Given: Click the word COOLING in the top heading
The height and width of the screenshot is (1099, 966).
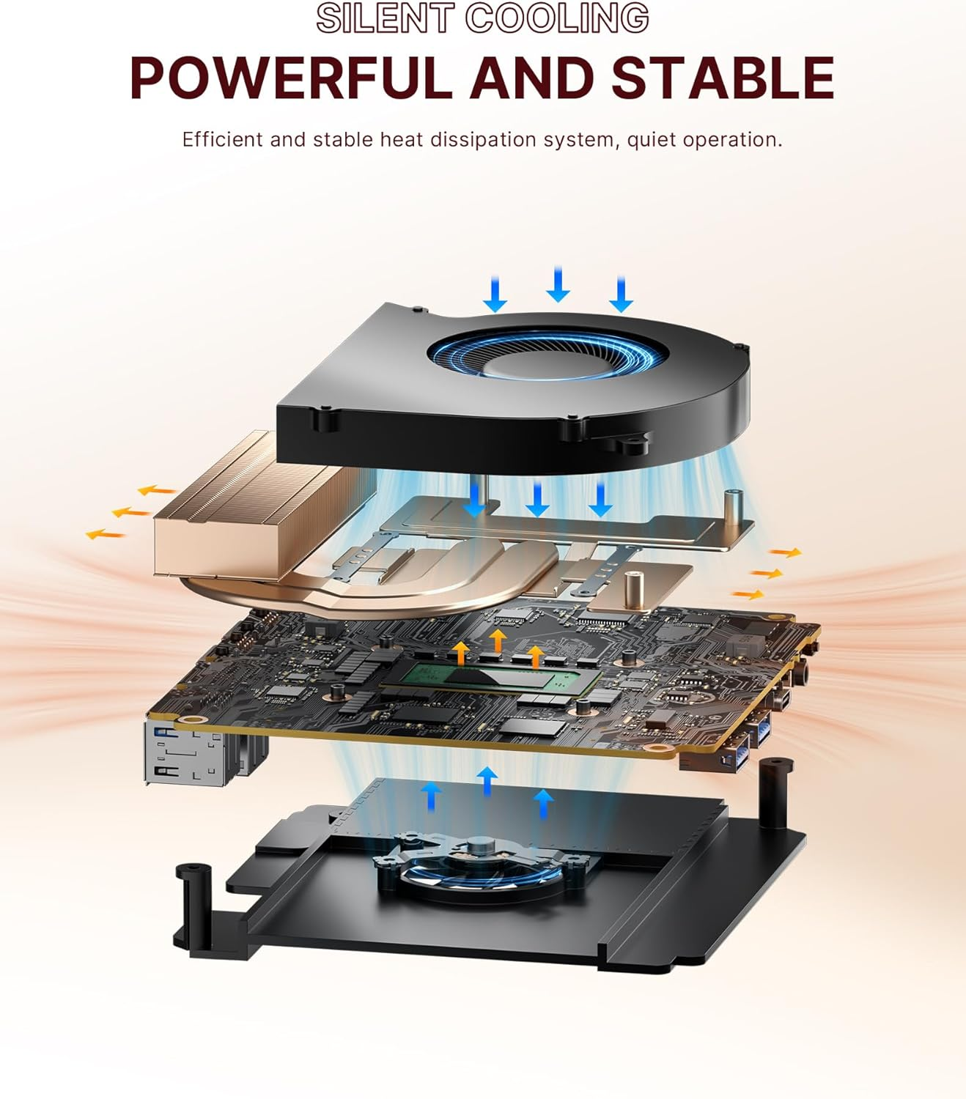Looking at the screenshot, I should [x=557, y=18].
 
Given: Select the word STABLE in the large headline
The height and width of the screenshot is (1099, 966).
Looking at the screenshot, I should [x=723, y=78].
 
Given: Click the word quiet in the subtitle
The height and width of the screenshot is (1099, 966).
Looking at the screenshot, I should [x=651, y=139].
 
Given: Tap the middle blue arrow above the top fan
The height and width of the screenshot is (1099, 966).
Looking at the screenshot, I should [x=558, y=284].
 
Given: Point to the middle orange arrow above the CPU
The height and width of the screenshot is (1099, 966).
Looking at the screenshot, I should [x=498, y=639].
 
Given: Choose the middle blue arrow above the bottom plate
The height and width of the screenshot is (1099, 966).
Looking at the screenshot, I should [x=487, y=780].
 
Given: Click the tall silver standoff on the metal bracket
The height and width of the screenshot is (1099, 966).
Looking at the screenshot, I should [x=731, y=507].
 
